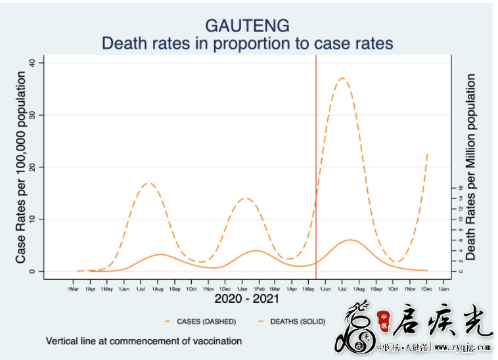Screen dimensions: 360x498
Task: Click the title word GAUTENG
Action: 247,26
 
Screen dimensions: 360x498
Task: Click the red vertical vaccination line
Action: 316,164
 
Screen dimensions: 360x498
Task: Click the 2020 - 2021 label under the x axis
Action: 247,299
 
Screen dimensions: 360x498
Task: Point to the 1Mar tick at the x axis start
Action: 73,288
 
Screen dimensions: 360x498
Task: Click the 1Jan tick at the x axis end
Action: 443,288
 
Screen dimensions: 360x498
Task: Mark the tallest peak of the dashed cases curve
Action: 342,78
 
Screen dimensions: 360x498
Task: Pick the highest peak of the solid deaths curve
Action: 351,240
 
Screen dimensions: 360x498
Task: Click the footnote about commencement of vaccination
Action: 144,341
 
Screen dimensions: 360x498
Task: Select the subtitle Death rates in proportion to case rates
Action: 247,43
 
